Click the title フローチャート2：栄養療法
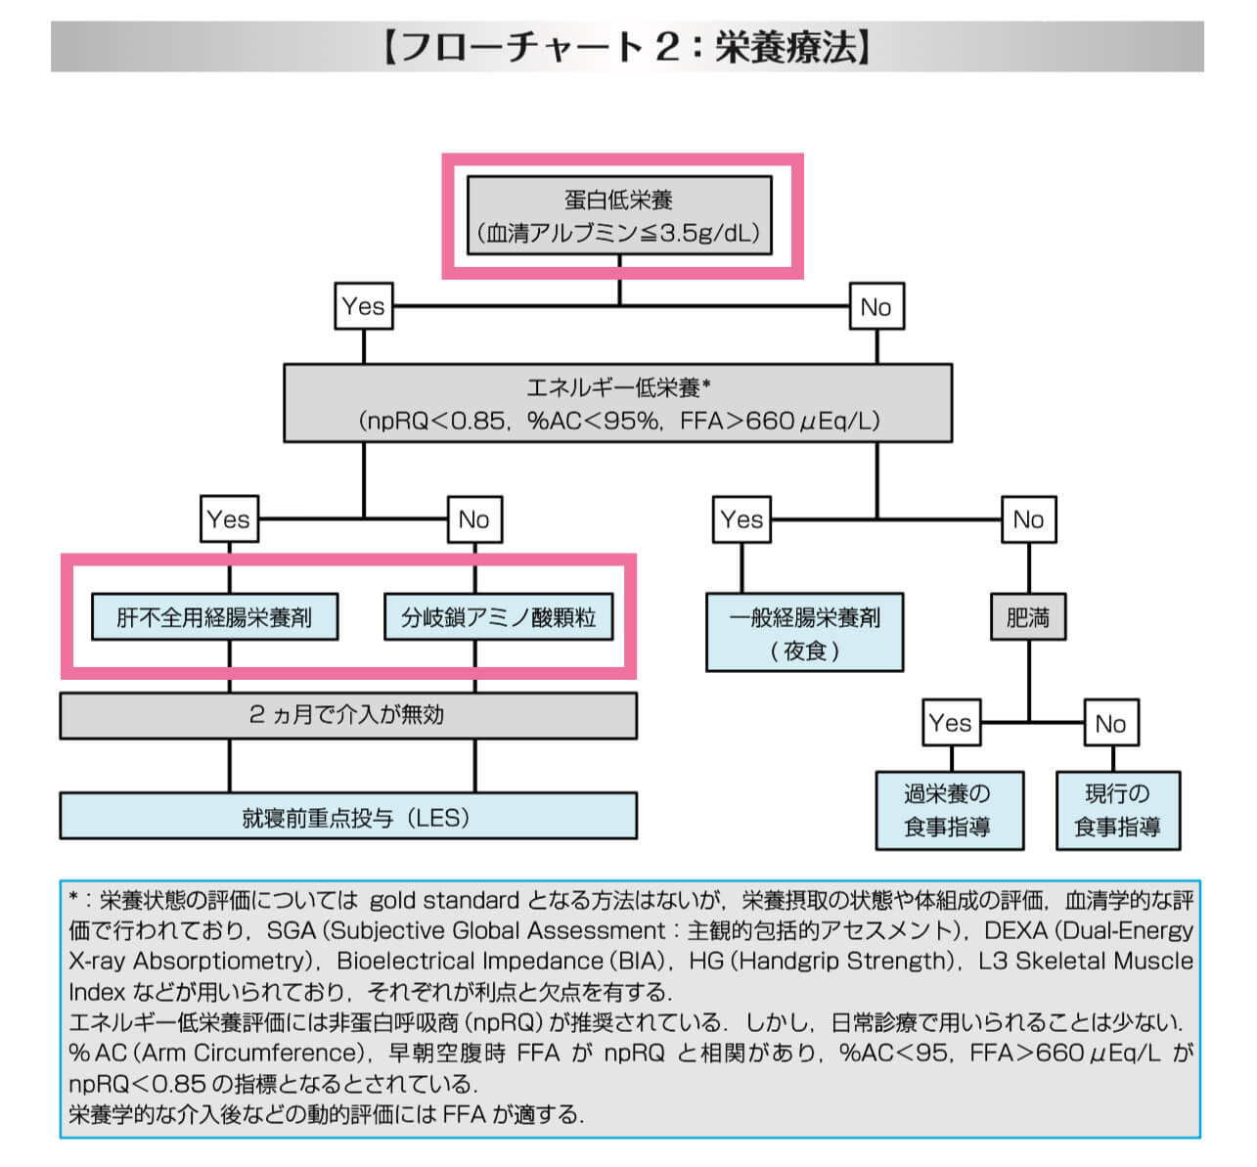pyautogui.click(x=626, y=47)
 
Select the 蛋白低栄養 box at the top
pyautogui.click(x=619, y=216)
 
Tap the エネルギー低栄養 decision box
pyautogui.click(x=617, y=403)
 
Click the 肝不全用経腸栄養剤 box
pyautogui.click(x=214, y=617)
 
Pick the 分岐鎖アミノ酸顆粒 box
pyautogui.click(x=499, y=617)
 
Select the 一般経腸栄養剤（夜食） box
pyautogui.click(x=804, y=633)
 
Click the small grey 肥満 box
pyautogui.click(x=1027, y=617)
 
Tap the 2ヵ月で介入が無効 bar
pyautogui.click(x=347, y=715)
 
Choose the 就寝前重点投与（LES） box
pyautogui.click(x=347, y=817)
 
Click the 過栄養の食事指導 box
pyautogui.click(x=949, y=810)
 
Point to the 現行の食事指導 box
pyautogui.click(x=1117, y=810)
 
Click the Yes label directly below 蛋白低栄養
pyautogui.click(x=363, y=306)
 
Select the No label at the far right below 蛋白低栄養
pyautogui.click(x=875, y=307)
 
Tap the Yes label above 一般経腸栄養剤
pyautogui.click(x=741, y=519)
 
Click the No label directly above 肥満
pyautogui.click(x=1028, y=519)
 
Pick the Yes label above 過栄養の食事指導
pyautogui.click(x=951, y=723)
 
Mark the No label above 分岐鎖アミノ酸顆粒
pyautogui.click(x=474, y=519)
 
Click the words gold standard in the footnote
pyautogui.click(x=444, y=900)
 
